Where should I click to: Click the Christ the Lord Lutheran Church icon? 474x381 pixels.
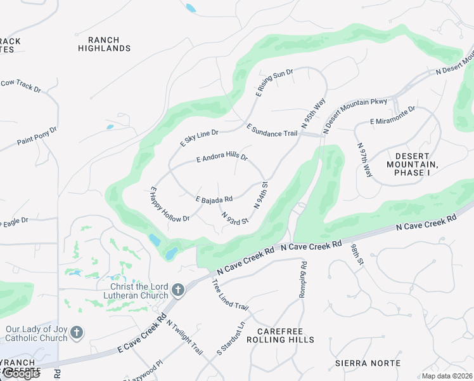click(x=178, y=290)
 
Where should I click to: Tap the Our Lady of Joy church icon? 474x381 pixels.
click(x=76, y=332)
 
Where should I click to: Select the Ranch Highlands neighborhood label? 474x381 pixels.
click(x=105, y=44)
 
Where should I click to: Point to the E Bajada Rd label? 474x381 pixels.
click(x=214, y=199)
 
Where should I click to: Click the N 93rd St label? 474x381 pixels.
click(x=234, y=218)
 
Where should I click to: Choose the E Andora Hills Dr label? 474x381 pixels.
click(x=222, y=157)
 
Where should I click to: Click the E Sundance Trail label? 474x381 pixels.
click(x=271, y=130)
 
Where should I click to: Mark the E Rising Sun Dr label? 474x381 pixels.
click(x=274, y=82)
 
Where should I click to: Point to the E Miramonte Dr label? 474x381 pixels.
click(x=392, y=115)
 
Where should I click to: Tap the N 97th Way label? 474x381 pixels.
click(x=365, y=159)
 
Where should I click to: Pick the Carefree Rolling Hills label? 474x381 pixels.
click(x=285, y=335)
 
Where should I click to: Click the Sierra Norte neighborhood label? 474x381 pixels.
click(x=368, y=363)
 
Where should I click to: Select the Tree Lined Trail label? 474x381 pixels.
click(x=230, y=295)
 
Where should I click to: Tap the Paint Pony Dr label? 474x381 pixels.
click(x=37, y=135)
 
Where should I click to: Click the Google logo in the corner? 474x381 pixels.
click(x=20, y=373)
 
